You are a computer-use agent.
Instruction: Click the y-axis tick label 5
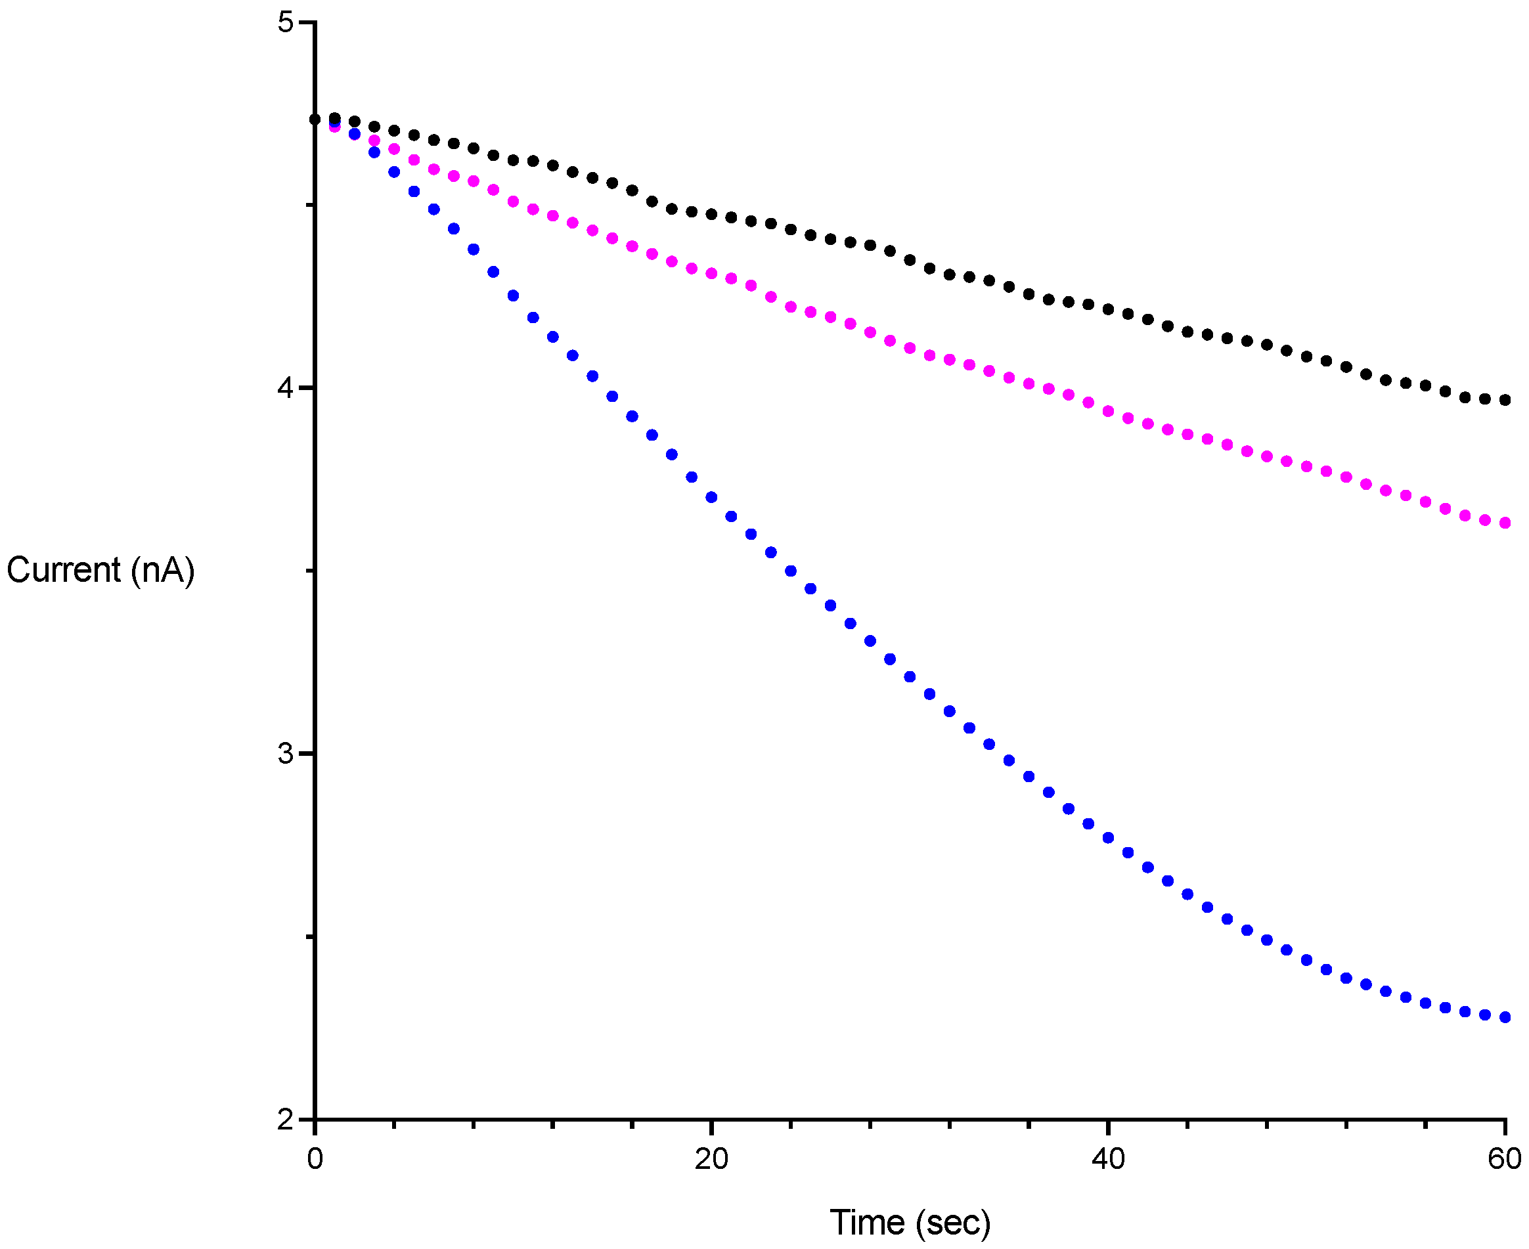tap(286, 22)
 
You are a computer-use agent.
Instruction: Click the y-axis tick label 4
tap(286, 389)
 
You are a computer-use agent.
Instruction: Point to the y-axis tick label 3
tap(286, 754)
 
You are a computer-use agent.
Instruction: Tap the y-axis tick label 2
tap(286, 1120)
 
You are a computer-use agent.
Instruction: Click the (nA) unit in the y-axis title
tap(163, 571)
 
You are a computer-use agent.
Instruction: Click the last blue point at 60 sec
tap(1505, 1017)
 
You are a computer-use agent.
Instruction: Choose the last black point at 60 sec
tap(1505, 400)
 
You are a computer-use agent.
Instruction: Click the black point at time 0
tap(315, 120)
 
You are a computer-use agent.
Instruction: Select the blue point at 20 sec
tap(711, 497)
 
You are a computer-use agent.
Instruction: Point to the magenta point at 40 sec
tap(1108, 412)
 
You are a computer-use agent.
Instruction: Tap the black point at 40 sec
tap(1108, 309)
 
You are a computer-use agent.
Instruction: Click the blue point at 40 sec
tap(1108, 838)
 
